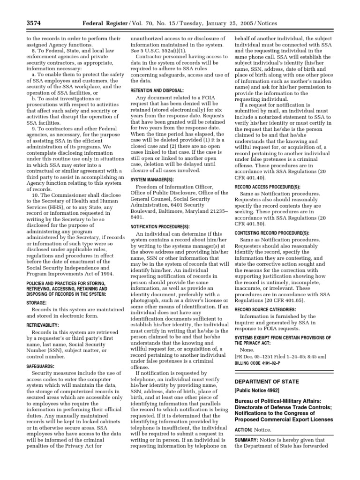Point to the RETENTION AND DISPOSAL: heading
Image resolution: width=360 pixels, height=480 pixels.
(x=157, y=90)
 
